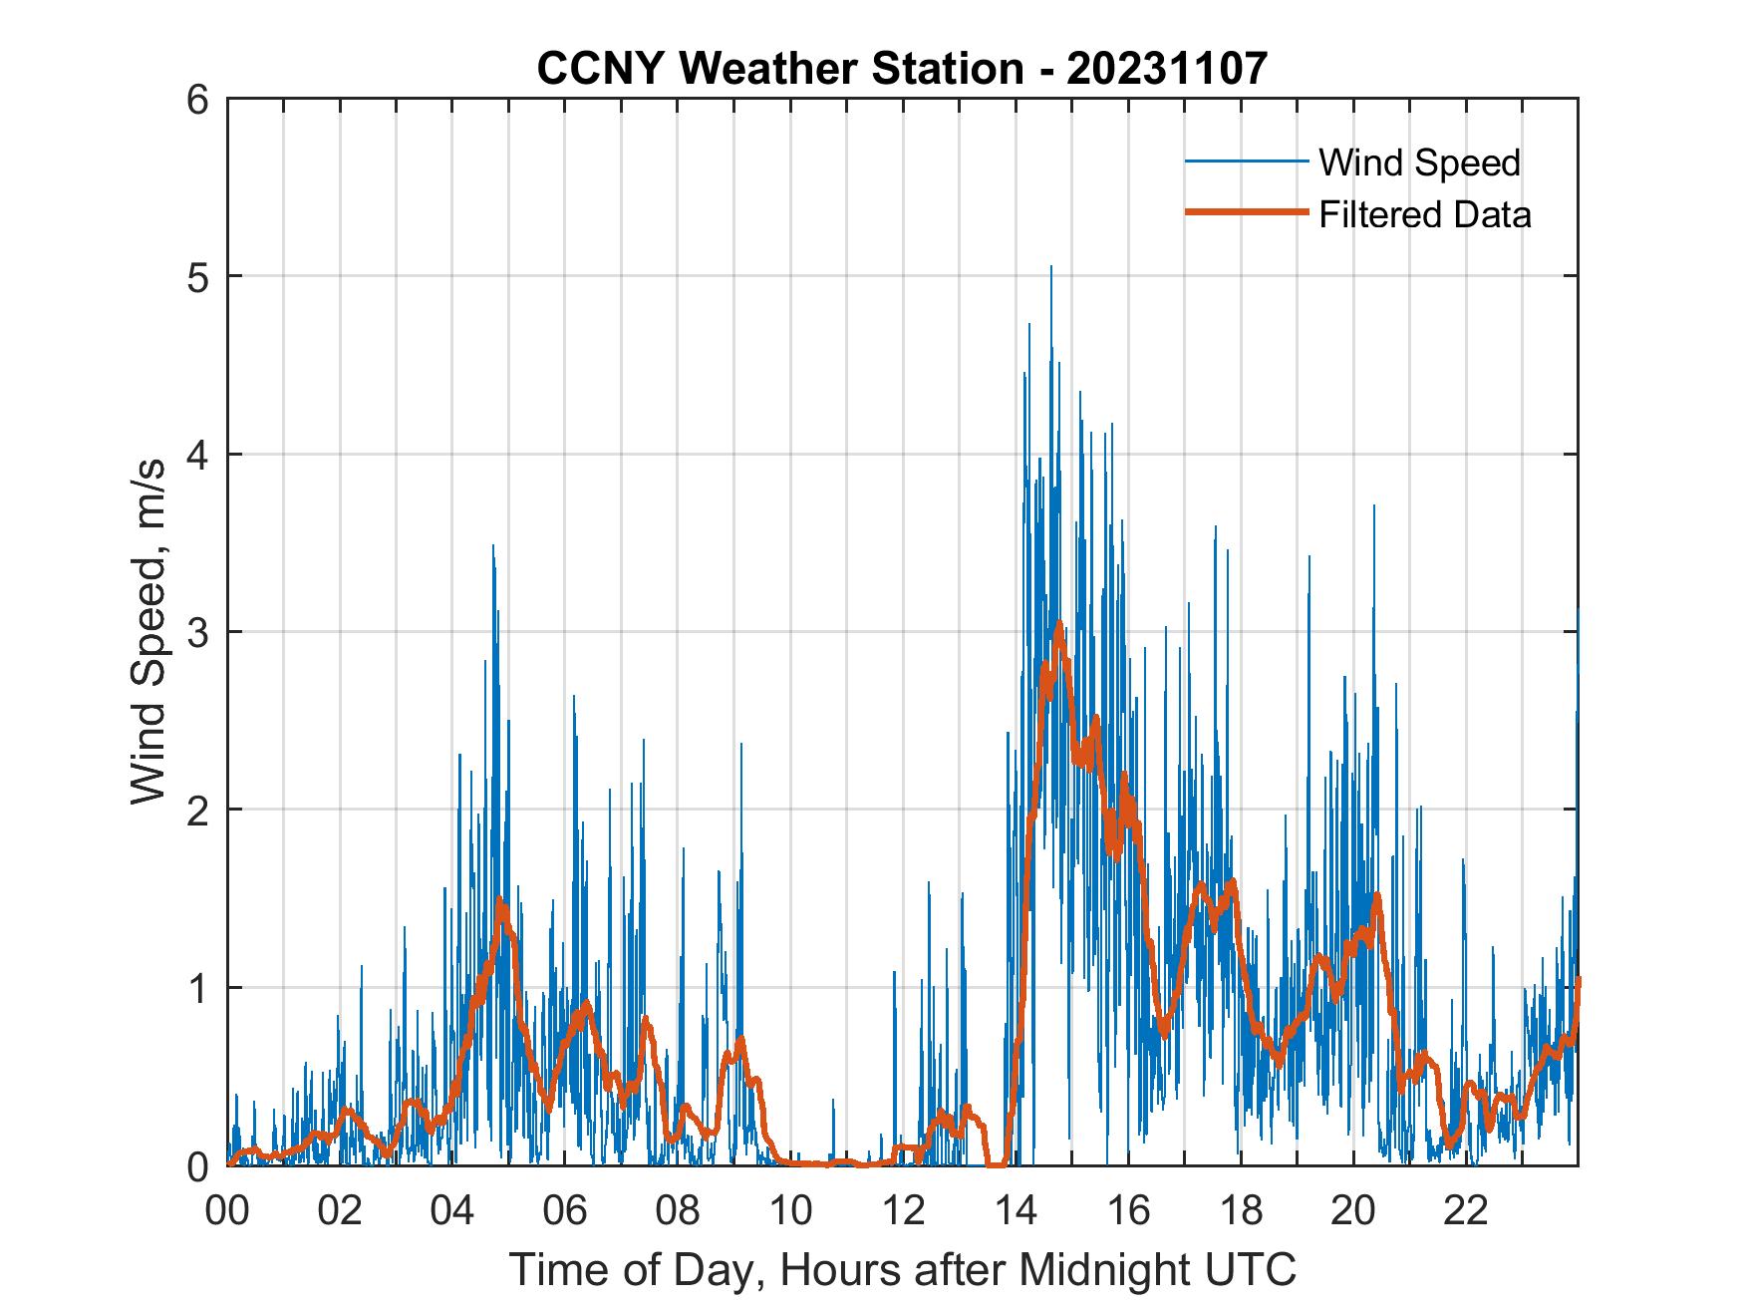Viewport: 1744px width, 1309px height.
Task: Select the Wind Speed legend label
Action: pyautogui.click(x=1419, y=163)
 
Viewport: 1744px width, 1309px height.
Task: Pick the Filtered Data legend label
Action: pyautogui.click(x=1424, y=214)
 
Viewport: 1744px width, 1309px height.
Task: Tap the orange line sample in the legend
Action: pyautogui.click(x=1246, y=213)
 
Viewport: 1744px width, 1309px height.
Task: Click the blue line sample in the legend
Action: pyautogui.click(x=1246, y=162)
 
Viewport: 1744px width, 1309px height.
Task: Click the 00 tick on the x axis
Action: pyautogui.click(x=227, y=1211)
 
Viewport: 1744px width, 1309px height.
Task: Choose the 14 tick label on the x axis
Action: pyautogui.click(x=1016, y=1211)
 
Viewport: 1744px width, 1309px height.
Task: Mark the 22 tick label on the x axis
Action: pyautogui.click(x=1466, y=1211)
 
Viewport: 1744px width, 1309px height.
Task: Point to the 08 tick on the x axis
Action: pyautogui.click(x=678, y=1211)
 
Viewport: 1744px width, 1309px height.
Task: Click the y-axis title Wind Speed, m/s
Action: pyautogui.click(x=148, y=632)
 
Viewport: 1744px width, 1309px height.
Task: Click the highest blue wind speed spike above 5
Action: pyautogui.click(x=1050, y=267)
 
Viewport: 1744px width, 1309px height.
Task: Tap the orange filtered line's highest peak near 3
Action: pyautogui.click(x=1059, y=624)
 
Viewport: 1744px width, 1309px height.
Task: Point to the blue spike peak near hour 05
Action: pyautogui.click(x=492, y=546)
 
